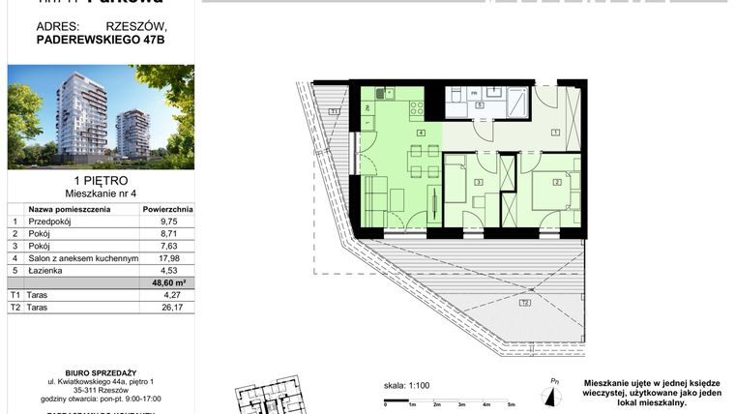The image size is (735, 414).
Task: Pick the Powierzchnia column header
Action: click(167, 208)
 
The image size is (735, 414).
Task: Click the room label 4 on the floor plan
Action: click(421, 132)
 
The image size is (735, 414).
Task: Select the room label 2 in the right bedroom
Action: click(558, 180)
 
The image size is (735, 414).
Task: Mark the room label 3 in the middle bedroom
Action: click(479, 180)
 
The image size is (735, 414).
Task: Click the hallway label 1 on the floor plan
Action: click(556, 132)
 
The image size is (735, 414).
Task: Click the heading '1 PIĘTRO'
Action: click(101, 180)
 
